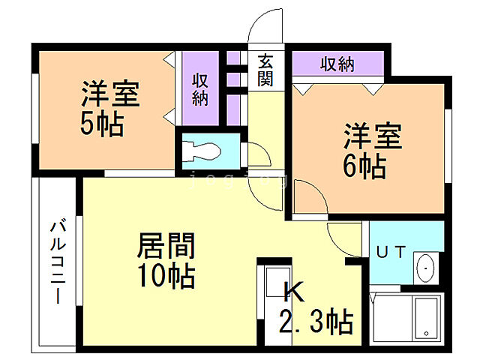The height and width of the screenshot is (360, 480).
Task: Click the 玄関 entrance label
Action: click(x=265, y=70)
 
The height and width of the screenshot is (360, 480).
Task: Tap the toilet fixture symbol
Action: click(x=202, y=150)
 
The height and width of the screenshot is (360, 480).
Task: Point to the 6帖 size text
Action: click(x=364, y=166)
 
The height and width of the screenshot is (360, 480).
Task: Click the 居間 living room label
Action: click(x=166, y=247)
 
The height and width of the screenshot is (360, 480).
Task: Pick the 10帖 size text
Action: click(x=166, y=277)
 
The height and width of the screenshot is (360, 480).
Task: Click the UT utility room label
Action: click(x=390, y=253)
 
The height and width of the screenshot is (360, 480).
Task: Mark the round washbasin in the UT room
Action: click(x=424, y=265)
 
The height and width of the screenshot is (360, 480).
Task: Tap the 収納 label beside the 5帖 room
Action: click(x=199, y=88)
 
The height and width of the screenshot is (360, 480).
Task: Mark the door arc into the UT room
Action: click(x=343, y=238)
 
